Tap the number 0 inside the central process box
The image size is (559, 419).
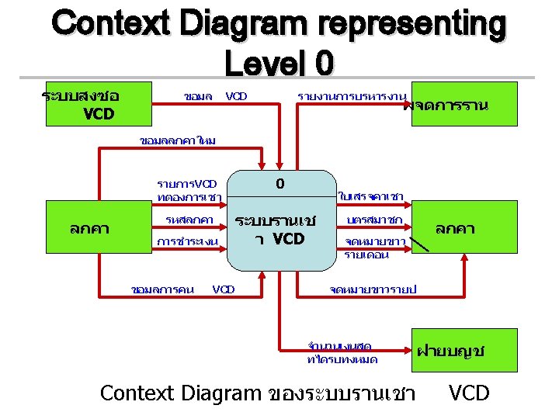[x=279, y=185]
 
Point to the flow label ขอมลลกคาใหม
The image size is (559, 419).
[x=178, y=141]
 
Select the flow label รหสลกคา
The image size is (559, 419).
[x=189, y=221]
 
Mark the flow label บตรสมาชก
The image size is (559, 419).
[x=373, y=221]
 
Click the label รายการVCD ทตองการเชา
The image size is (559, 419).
[x=187, y=191]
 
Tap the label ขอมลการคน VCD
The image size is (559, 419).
[x=183, y=289]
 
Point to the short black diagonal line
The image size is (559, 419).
[x=420, y=245]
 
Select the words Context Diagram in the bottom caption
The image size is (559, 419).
[x=180, y=393]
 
